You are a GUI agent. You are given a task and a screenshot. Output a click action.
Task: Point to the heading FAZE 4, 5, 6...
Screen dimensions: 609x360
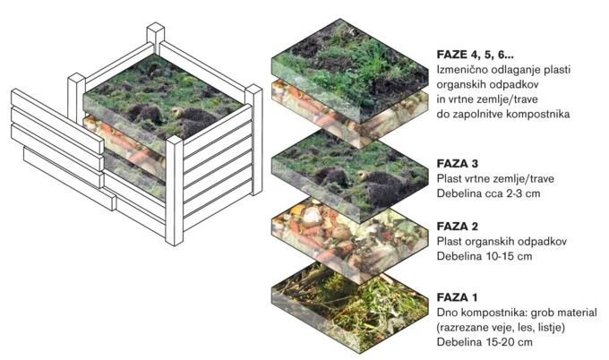tap(475, 55)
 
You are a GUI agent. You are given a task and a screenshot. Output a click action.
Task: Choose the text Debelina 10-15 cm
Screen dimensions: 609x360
tap(485, 256)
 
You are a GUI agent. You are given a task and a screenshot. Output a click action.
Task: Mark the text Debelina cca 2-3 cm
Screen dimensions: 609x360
tap(489, 193)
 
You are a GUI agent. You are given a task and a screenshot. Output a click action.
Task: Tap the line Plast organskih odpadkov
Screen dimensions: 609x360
tap(502, 242)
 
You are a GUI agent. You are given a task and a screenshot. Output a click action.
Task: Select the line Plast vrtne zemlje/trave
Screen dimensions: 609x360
tap(495, 178)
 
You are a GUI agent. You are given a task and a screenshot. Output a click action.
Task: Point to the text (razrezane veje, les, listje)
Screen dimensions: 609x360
tap(501, 328)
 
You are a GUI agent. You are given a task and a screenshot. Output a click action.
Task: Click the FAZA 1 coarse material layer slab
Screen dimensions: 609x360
tap(348, 308)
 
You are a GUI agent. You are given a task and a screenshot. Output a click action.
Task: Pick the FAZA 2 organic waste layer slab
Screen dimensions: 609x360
tap(348, 240)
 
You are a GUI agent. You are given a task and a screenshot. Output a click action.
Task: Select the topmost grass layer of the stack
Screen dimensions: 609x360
tap(348, 71)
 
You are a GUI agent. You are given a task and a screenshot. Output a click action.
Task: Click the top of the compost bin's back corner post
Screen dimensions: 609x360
tap(155, 29)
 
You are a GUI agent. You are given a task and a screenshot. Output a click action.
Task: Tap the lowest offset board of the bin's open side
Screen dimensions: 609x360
tap(70, 178)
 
